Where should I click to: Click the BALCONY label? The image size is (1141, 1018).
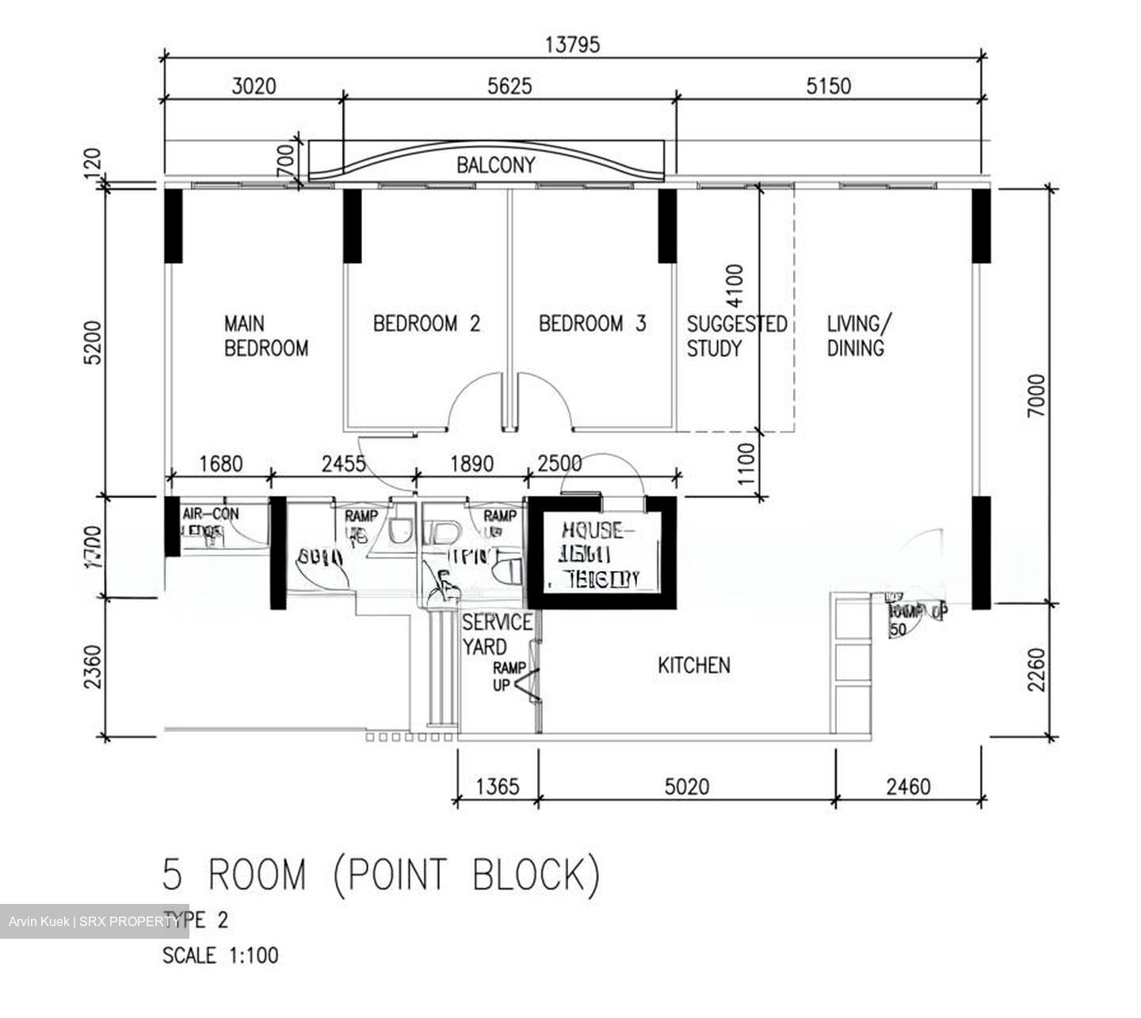495,165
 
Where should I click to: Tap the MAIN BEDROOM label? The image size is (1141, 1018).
265,336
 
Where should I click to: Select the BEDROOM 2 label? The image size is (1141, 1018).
426,323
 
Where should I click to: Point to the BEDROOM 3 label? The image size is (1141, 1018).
592,323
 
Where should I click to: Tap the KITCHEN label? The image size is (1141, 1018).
694,665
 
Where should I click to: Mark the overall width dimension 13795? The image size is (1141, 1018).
572,44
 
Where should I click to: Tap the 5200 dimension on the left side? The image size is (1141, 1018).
93,342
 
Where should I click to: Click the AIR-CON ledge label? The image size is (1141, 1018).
210,523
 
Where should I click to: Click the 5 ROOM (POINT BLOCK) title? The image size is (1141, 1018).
380,875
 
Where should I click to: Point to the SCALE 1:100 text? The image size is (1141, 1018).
220,955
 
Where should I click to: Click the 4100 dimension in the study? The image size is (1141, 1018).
735,286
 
